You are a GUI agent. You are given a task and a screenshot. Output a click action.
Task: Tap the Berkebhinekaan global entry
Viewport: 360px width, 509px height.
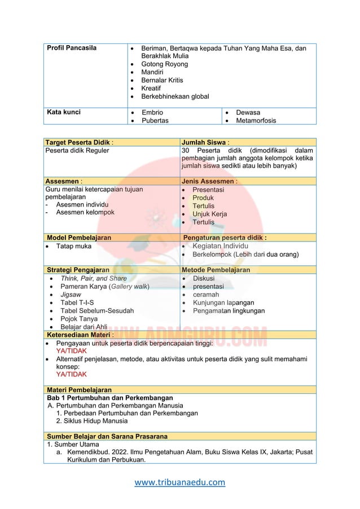[x=175, y=96]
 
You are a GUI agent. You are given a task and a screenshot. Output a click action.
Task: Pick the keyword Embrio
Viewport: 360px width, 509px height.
[x=152, y=112]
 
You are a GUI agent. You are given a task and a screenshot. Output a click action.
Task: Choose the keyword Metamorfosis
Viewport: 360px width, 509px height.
[x=256, y=120]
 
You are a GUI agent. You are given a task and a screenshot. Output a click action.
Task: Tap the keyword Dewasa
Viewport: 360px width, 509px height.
[x=249, y=112]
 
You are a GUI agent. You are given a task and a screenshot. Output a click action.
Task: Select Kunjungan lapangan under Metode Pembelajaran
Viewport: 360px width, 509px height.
[x=223, y=302]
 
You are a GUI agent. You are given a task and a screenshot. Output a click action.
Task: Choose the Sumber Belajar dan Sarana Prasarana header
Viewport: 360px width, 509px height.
[x=107, y=436]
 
